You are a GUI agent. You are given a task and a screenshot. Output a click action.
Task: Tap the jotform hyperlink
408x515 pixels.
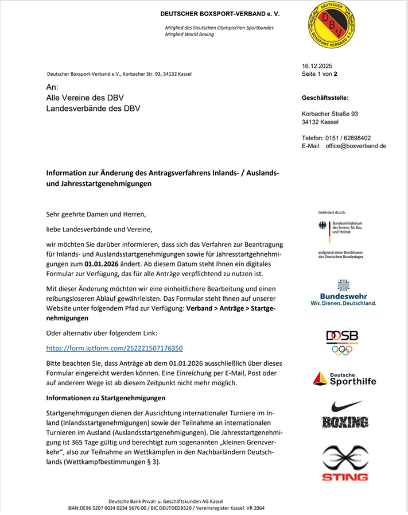tap(115, 348)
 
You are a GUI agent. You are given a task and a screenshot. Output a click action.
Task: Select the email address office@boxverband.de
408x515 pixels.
tap(356, 146)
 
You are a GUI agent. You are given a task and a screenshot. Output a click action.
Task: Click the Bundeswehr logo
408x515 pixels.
tap(344, 292)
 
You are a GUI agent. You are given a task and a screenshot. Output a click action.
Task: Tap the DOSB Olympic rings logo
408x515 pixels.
tap(342, 342)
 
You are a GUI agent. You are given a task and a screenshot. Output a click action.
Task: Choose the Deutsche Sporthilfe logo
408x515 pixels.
tap(344, 378)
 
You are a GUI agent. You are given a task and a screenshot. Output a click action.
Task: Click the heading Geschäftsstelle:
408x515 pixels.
tap(325, 98)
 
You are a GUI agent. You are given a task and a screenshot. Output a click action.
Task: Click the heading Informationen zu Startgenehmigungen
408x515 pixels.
tap(106, 398)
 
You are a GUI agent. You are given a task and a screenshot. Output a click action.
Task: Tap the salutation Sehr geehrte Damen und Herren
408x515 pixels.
tap(96, 214)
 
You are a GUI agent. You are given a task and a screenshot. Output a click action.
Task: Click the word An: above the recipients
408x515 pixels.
tap(52, 87)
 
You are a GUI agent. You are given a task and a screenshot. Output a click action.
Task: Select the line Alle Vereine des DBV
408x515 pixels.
tap(85, 98)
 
